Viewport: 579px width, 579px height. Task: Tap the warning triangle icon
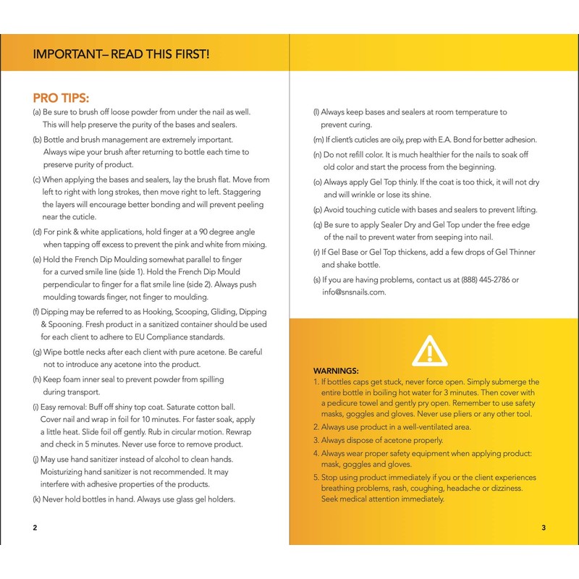pyautogui.click(x=428, y=350)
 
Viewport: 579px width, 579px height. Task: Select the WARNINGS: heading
pyautogui.click(x=336, y=370)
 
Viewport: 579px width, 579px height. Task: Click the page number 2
pyautogui.click(x=35, y=527)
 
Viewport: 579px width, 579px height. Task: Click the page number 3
pyautogui.click(x=544, y=527)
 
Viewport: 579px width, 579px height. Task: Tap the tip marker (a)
pyautogui.click(x=37, y=112)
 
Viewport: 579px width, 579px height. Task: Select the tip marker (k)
pyautogui.click(x=37, y=499)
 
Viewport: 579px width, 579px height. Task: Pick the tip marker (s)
pyautogui.click(x=316, y=279)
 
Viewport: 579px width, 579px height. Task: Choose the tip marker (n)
pyautogui.click(x=317, y=155)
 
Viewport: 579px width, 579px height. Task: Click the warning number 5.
pyautogui.click(x=316, y=478)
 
